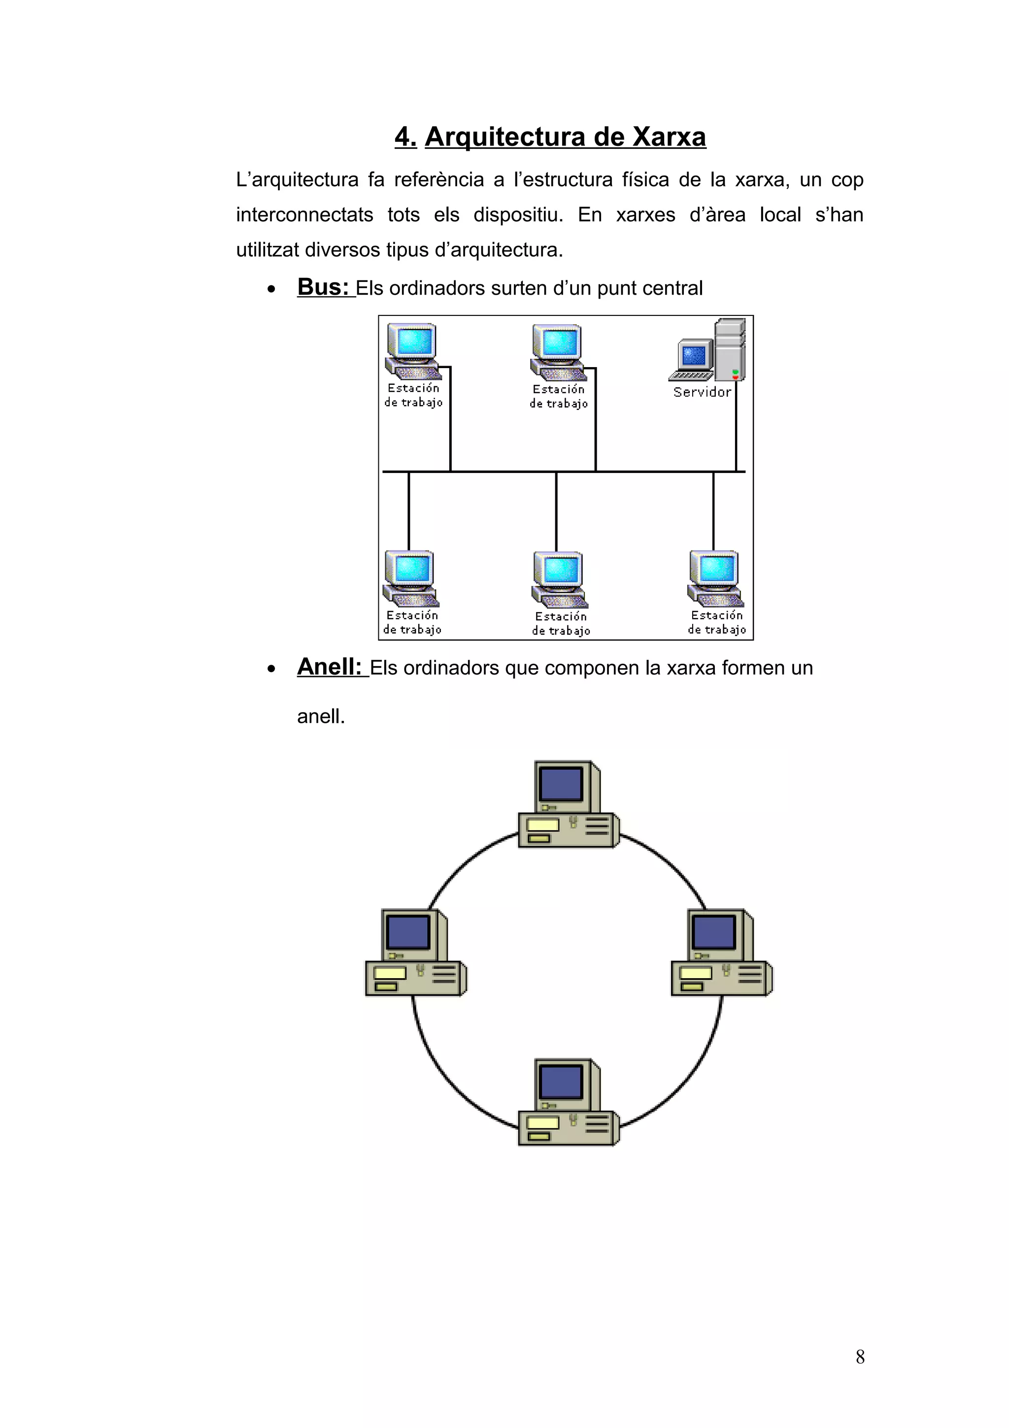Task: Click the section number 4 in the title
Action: click(x=404, y=137)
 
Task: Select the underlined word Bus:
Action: click(x=323, y=287)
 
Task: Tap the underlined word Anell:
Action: click(x=330, y=667)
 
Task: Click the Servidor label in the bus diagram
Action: click(x=702, y=392)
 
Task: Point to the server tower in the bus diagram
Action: click(x=729, y=349)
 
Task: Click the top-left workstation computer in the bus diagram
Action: click(x=412, y=351)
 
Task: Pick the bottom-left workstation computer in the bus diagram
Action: click(x=410, y=578)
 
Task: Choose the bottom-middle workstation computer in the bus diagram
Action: click(x=559, y=579)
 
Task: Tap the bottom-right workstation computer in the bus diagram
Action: click(x=715, y=578)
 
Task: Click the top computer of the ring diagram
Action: click(x=568, y=804)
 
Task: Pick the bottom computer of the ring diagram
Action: click(x=568, y=1102)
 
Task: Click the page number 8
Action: click(x=860, y=1357)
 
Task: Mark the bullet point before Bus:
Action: click(x=271, y=289)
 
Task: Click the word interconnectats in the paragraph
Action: click(x=304, y=214)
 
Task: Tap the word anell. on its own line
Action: click(x=321, y=716)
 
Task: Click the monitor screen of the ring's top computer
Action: click(x=561, y=783)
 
